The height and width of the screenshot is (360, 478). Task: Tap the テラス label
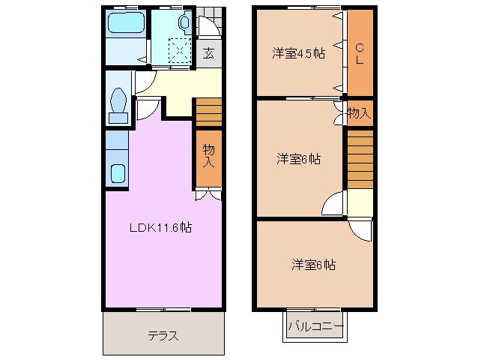163,335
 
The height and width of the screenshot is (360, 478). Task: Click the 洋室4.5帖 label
298,53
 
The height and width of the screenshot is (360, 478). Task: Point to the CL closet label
360,53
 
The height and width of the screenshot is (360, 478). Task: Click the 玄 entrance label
209,53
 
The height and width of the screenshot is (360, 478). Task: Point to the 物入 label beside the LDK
209,155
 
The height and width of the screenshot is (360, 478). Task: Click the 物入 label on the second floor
359,113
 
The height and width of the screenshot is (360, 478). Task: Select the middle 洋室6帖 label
298,159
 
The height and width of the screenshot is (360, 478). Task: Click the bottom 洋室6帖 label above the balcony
313,265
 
